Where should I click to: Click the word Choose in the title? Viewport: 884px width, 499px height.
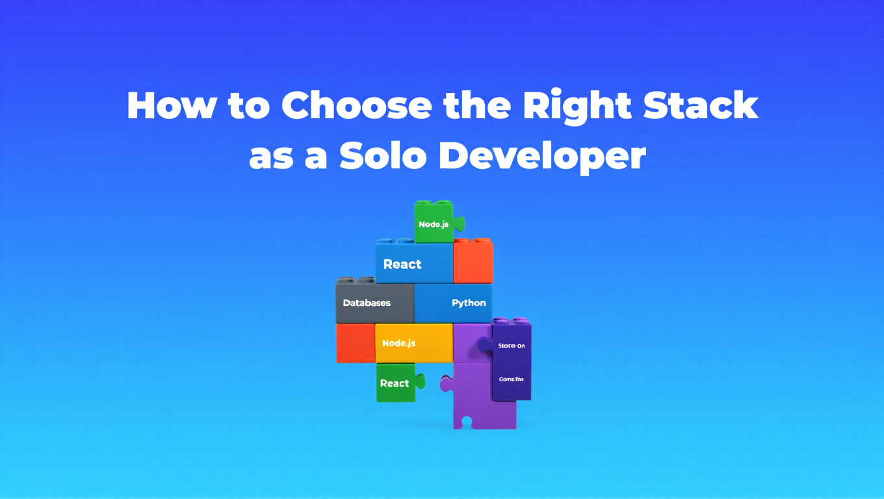[356, 105]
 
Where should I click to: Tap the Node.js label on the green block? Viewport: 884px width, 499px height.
[434, 224]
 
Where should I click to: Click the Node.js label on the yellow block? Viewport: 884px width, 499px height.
[398, 342]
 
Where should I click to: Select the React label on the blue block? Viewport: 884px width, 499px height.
[402, 264]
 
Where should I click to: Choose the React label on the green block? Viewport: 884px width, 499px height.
[395, 383]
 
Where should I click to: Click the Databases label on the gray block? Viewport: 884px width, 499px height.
[367, 303]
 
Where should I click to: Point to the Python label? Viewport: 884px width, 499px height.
[469, 303]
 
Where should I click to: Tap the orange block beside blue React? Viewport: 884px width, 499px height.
[473, 262]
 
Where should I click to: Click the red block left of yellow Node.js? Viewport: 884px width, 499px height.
[355, 342]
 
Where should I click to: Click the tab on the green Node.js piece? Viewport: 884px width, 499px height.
[459, 224]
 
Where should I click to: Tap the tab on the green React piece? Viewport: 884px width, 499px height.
[421, 381]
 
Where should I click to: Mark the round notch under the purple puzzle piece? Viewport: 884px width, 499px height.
[465, 422]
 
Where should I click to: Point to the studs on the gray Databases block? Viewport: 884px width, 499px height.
[355, 280]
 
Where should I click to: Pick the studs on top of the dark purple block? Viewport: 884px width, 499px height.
[512, 320]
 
